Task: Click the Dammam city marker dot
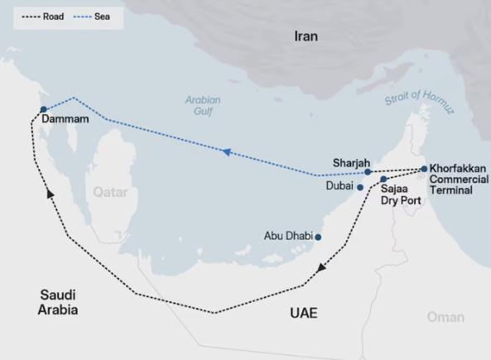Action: click(x=43, y=109)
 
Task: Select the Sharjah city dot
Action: click(x=368, y=172)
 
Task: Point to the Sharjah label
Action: click(x=350, y=161)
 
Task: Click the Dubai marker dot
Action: click(x=360, y=188)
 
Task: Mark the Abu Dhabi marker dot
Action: click(x=318, y=237)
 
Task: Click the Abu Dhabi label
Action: click(x=287, y=236)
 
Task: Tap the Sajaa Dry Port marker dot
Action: click(x=383, y=179)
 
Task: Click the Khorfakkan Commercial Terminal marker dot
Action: click(x=424, y=169)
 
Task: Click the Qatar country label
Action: click(x=110, y=192)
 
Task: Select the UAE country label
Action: click(x=301, y=314)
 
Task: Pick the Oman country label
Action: click(x=445, y=317)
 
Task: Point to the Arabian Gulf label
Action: click(x=202, y=106)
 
